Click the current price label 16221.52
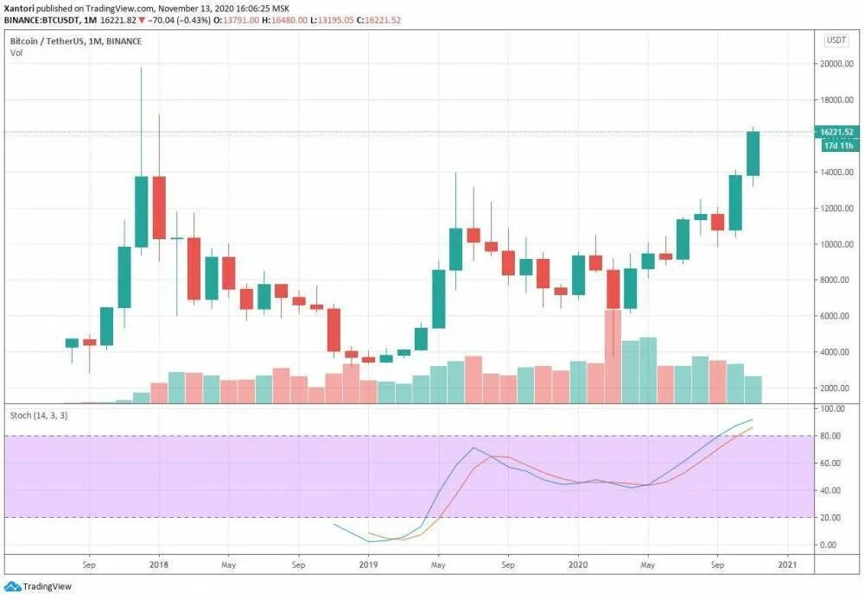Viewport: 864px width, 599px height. pyautogui.click(x=837, y=132)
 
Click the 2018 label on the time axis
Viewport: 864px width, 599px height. pyautogui.click(x=158, y=566)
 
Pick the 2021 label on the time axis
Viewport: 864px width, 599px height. pyautogui.click(x=787, y=566)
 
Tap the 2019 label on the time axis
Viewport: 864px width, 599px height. pyautogui.click(x=369, y=566)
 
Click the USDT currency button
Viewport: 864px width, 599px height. pyautogui.click(x=836, y=40)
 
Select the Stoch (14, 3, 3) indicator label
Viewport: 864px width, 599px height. pyautogui.click(x=40, y=415)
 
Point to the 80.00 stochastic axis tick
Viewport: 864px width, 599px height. pyautogui.click(x=831, y=436)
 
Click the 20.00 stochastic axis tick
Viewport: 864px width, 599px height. pyautogui.click(x=831, y=517)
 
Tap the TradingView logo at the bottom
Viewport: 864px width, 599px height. pyautogui.click(x=43, y=586)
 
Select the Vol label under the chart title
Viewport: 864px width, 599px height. pyautogui.click(x=16, y=54)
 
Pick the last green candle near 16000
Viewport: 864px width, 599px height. pyautogui.click(x=753, y=154)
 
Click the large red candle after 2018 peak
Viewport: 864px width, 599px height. pyautogui.click(x=159, y=207)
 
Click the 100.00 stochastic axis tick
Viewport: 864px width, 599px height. pyautogui.click(x=832, y=408)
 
